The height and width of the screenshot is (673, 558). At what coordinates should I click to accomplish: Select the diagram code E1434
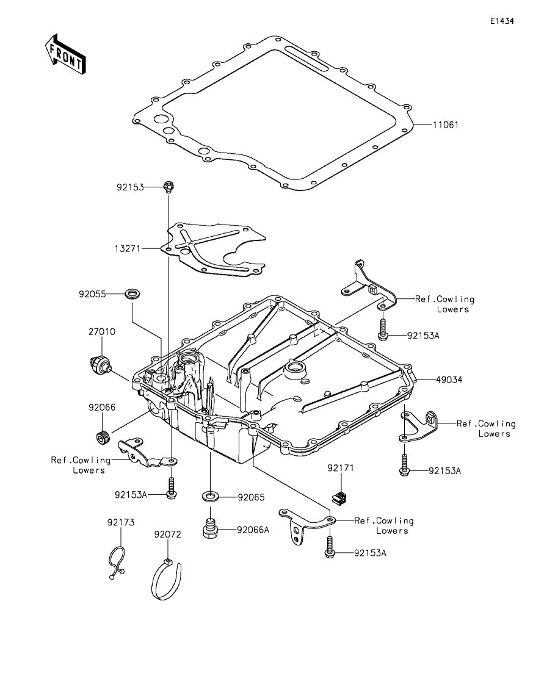point(502,21)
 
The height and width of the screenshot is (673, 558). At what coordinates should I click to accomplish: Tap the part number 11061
point(446,124)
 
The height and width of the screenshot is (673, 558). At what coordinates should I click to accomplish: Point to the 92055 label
point(92,294)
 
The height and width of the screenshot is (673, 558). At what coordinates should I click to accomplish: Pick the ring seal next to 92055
point(131,295)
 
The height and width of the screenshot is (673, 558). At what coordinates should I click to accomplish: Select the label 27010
point(101,333)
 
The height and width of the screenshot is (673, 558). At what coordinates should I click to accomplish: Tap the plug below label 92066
point(102,437)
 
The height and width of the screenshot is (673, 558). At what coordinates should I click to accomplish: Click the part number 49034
point(449,379)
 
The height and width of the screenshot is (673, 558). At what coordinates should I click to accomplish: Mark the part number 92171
point(341,468)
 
